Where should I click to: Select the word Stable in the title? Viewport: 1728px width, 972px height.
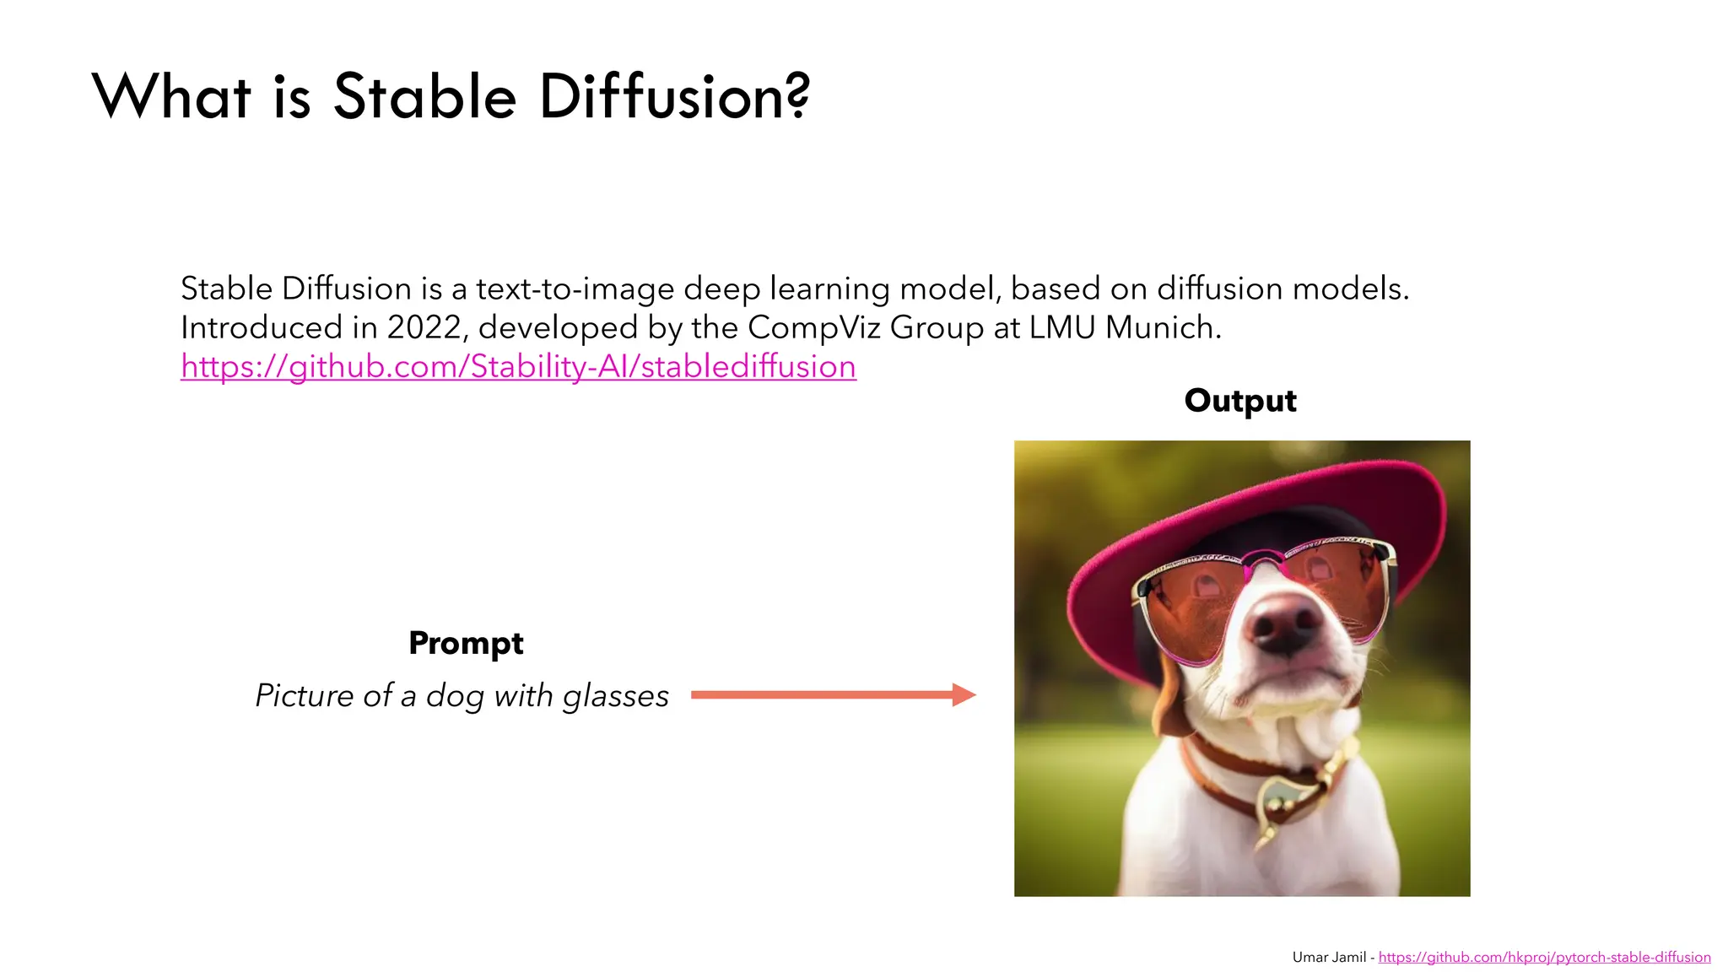[424, 96]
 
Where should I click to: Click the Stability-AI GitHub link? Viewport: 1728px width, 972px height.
[518, 366]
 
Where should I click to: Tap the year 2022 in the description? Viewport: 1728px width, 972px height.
[424, 327]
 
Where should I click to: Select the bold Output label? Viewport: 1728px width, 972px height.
[1239, 401]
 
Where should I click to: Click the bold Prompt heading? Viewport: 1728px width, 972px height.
[466, 643]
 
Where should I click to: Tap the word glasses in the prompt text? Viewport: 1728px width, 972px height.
[615, 695]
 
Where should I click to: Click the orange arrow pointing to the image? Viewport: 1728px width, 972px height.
[831, 694]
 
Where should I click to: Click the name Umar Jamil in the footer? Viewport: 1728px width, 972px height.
[1329, 957]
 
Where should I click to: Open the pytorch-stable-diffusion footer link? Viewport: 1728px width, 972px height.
[1544, 957]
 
